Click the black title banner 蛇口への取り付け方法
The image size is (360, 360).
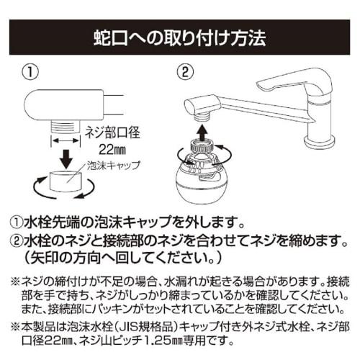pyautogui.click(x=180, y=35)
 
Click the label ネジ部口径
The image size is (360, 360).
pyautogui.click(x=112, y=132)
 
